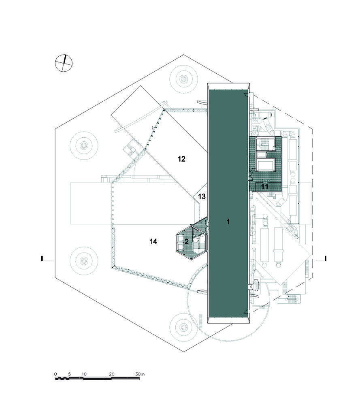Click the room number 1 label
[228, 222]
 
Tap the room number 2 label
[186, 242]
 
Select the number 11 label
[264, 186]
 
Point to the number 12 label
[181, 159]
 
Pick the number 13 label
[202, 196]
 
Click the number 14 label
[153, 241]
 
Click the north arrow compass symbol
[64, 63]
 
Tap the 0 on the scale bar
[55, 374]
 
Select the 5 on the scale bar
[69, 374]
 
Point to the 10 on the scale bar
[84, 374]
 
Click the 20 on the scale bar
[112, 374]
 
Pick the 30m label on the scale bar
[140, 374]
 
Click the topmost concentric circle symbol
[183, 79]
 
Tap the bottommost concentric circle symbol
[183, 327]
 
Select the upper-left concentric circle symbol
[84, 145]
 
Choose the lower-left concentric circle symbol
[84, 260]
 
